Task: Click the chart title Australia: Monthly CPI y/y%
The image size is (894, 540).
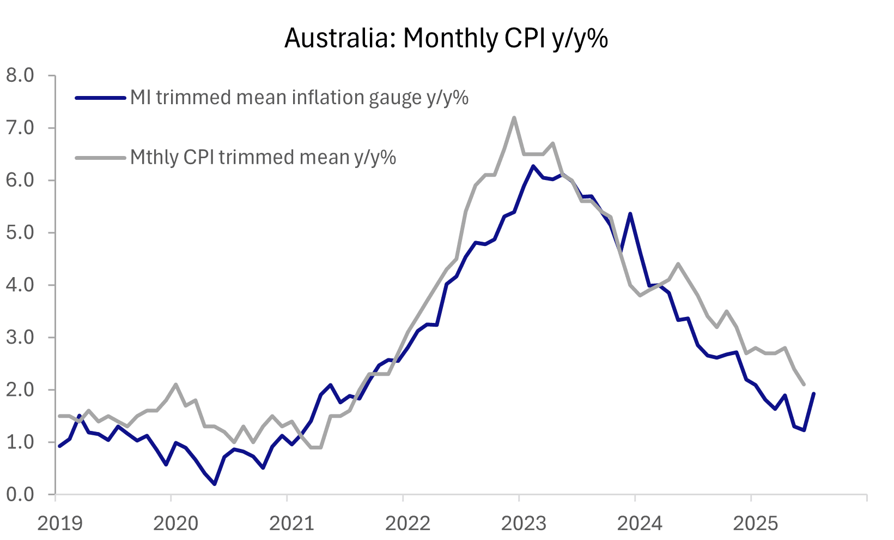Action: (x=446, y=39)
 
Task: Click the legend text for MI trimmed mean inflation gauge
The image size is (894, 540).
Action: (x=299, y=98)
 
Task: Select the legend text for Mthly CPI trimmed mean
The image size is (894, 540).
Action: (x=263, y=157)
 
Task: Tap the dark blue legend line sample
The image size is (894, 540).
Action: (x=101, y=98)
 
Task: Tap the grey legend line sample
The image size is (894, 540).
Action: (x=101, y=158)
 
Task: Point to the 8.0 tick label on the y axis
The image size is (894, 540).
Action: (x=20, y=75)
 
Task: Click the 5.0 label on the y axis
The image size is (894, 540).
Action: (x=20, y=232)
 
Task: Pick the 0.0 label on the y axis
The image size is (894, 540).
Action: (x=20, y=494)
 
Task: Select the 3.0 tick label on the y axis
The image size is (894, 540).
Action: (x=20, y=337)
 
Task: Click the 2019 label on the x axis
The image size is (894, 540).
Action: (x=60, y=524)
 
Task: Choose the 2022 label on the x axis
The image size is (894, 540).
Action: (x=408, y=524)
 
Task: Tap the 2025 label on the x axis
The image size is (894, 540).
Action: (x=756, y=524)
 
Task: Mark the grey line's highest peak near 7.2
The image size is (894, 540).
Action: (x=514, y=117)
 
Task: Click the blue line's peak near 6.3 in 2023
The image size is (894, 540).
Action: (x=533, y=166)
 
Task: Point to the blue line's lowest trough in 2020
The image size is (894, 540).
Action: (x=215, y=484)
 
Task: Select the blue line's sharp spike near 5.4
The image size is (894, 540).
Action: (x=630, y=214)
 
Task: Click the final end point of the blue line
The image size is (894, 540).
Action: (x=814, y=393)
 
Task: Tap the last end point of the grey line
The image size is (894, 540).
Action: (x=804, y=385)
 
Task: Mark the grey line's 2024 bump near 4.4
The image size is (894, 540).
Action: (x=678, y=264)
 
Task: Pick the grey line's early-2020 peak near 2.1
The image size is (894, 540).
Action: (x=175, y=385)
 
